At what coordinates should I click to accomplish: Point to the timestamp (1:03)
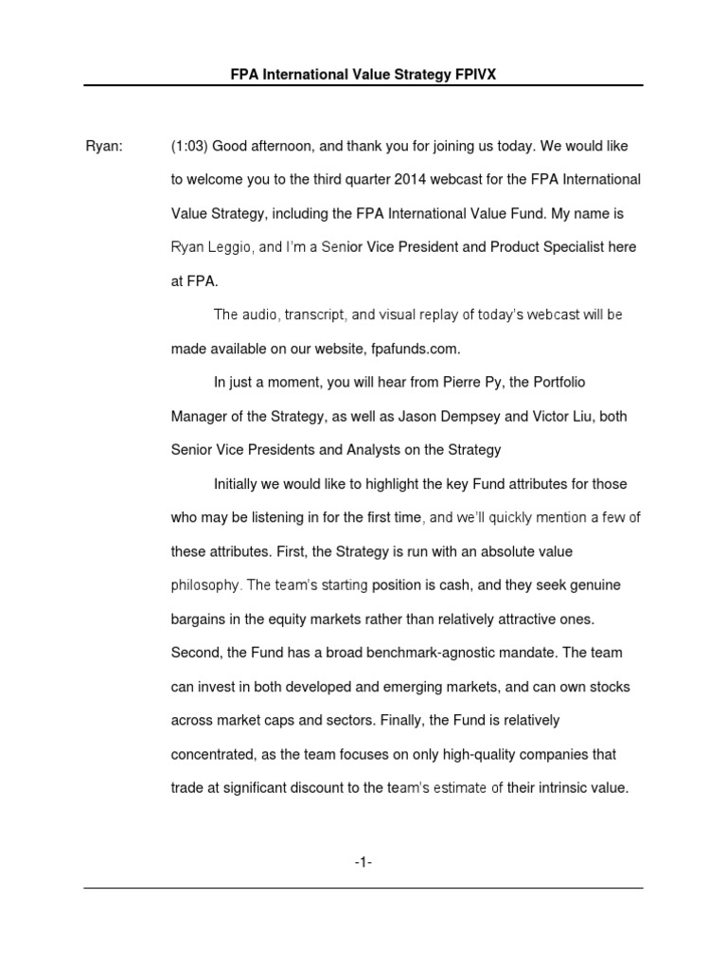(190, 146)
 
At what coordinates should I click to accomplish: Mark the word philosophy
(205, 585)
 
